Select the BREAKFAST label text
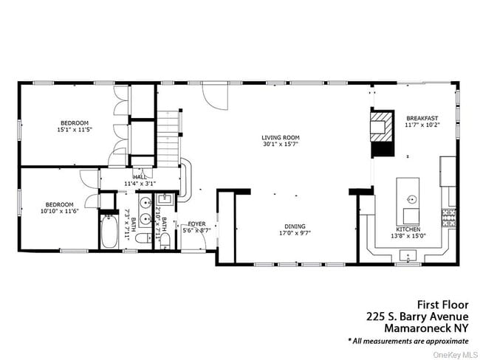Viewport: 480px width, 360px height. point(422,118)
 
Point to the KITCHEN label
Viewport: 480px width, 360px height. point(408,229)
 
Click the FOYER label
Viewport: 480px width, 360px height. point(196,224)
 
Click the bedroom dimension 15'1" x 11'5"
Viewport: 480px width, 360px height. point(75,130)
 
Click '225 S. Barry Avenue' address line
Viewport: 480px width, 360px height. point(417,316)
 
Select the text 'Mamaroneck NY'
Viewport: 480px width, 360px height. point(425,328)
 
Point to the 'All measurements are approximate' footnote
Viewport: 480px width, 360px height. point(408,341)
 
